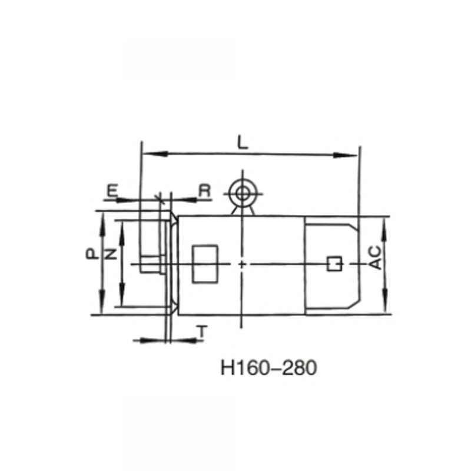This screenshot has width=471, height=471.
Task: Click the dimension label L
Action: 241,142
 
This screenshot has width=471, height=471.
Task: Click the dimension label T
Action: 203,333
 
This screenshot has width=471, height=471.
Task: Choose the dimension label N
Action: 110,254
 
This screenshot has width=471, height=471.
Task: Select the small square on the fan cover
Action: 334,264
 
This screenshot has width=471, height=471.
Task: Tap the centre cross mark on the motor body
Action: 241,264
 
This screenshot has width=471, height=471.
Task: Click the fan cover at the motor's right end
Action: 330,235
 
